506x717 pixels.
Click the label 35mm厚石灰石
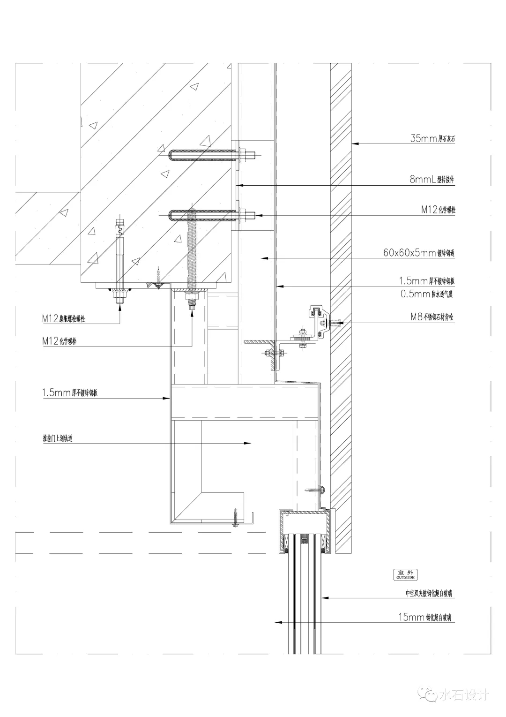(x=432, y=139)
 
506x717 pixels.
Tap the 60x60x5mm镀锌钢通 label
(x=419, y=253)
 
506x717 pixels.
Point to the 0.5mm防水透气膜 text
(x=427, y=294)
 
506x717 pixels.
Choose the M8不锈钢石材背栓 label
(x=432, y=317)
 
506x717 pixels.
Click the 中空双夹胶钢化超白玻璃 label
(x=429, y=593)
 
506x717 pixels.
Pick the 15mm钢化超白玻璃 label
(x=425, y=618)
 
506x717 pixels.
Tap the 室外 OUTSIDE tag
(x=406, y=575)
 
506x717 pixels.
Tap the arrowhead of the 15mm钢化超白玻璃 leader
(x=277, y=622)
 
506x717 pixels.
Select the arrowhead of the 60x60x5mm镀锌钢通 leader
(x=264, y=257)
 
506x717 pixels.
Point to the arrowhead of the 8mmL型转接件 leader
(x=241, y=185)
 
